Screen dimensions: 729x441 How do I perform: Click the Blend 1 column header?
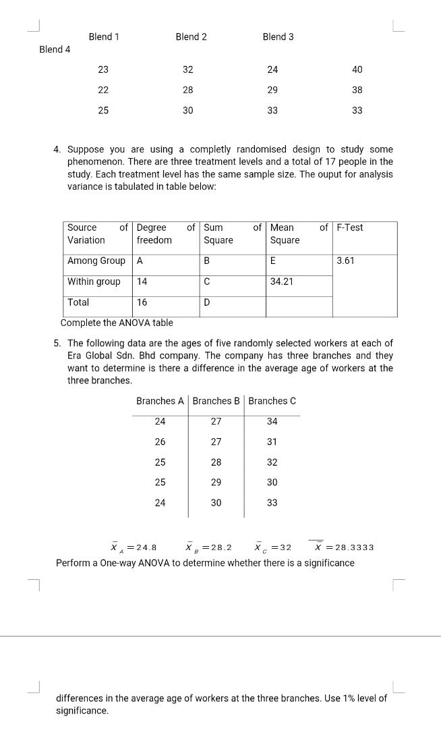point(104,36)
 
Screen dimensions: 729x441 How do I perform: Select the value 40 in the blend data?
point(357,70)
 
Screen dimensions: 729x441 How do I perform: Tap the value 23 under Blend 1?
point(103,70)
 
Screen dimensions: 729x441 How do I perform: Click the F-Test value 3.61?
point(346,261)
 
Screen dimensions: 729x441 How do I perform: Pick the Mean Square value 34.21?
point(282,281)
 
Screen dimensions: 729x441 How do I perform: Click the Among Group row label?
point(96,261)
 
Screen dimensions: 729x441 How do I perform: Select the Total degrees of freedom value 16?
point(142,302)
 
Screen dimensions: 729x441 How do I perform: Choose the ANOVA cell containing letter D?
point(207,302)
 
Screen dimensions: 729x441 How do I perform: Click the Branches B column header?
point(216,401)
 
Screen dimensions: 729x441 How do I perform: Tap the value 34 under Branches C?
point(272,421)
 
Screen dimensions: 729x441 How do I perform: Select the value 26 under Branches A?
point(160,441)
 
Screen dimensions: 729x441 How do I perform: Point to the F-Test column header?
point(350,227)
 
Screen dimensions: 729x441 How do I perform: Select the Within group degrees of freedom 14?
point(142,281)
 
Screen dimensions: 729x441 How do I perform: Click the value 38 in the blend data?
point(357,90)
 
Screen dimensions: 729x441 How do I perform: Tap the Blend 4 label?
point(55,49)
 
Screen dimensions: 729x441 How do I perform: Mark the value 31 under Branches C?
point(272,441)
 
